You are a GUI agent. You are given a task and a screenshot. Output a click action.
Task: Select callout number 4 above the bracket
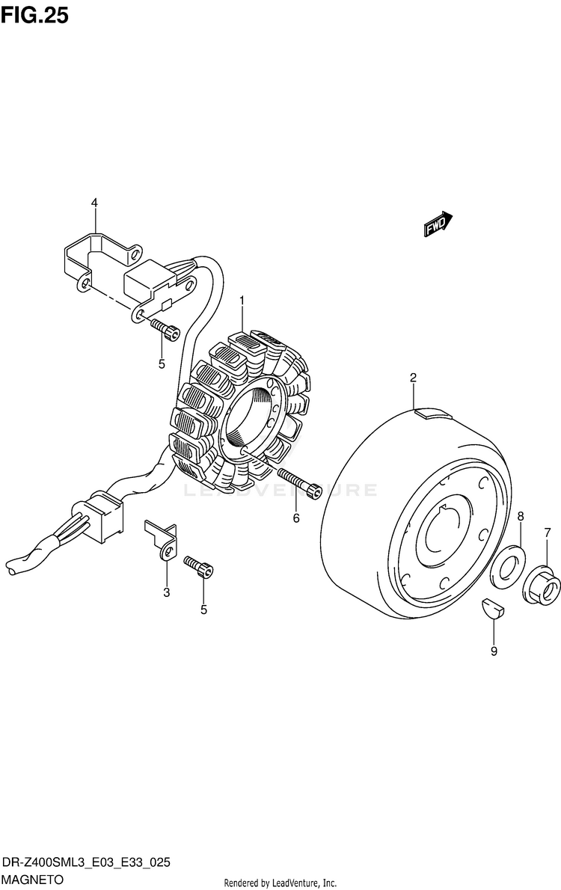point(95,203)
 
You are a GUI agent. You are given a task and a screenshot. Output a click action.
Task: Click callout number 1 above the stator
point(242,301)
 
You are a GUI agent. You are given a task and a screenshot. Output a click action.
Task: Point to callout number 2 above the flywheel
point(413,378)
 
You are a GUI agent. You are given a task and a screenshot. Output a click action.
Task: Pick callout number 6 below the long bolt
point(296,518)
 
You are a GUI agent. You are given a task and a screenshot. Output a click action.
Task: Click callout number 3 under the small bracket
point(167,593)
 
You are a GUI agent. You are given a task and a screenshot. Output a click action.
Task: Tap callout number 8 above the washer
point(521,516)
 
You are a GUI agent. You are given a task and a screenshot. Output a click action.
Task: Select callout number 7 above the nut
point(548,533)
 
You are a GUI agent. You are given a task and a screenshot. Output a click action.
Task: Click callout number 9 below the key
point(494,651)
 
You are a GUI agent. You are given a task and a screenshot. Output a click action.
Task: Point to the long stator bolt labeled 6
point(299,482)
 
